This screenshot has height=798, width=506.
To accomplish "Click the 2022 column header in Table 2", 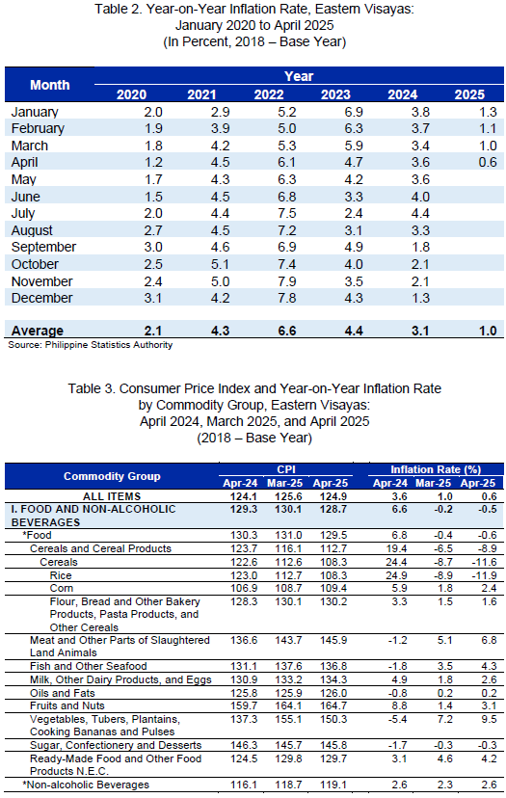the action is tap(269, 94).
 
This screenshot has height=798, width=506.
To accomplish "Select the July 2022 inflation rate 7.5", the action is tap(287, 213).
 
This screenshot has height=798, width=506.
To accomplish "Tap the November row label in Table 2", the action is tap(41, 281).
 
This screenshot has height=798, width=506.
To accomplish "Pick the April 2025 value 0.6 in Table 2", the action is tap(487, 162).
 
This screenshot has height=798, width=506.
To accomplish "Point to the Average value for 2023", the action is tap(354, 331).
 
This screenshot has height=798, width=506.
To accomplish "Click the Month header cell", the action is tap(49, 85).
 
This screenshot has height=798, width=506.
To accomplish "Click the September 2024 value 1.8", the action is tap(420, 248).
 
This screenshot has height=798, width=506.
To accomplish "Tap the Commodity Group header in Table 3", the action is tap(112, 476).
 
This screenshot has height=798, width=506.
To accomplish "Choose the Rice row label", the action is tap(61, 575).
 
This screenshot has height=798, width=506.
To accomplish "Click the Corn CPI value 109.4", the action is tap(333, 588).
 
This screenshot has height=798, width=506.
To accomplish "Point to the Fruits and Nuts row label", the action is tap(67, 705).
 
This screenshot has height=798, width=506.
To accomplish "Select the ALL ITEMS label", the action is tap(112, 496).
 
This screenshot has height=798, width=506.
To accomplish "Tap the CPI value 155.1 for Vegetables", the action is tap(288, 719).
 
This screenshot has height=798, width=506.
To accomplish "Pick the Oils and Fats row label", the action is tap(62, 693).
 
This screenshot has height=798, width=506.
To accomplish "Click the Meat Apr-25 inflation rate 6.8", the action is tap(489, 640).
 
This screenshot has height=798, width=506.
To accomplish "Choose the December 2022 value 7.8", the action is tap(287, 298).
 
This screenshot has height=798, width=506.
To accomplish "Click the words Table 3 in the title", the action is tap(90, 388).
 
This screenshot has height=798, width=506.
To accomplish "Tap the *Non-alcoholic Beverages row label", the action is tap(86, 785).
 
